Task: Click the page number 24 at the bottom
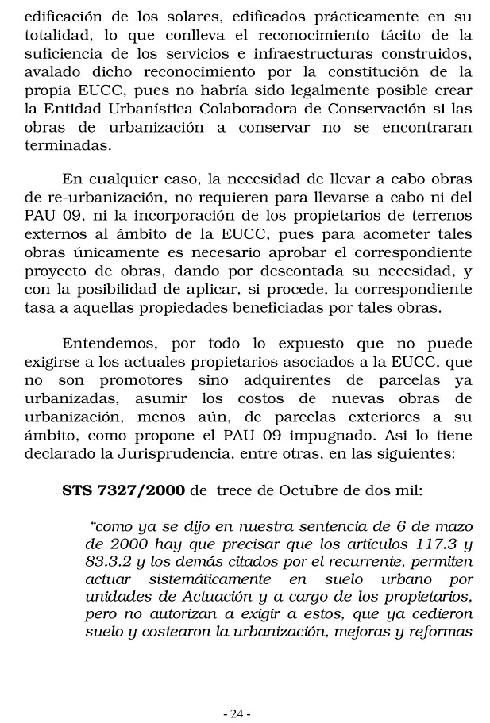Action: pos(237,691)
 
